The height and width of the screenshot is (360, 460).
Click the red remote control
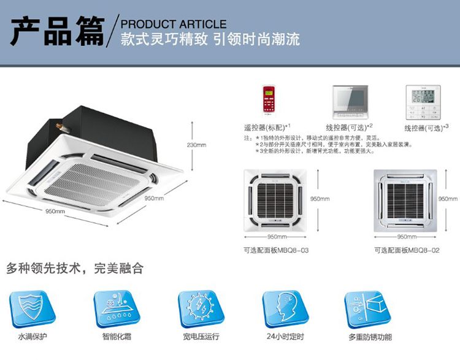pos(268,100)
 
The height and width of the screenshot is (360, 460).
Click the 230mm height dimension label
pos(197,145)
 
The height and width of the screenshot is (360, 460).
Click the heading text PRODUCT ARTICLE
pos(174,24)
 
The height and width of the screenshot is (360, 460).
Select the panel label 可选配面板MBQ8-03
pos(275,250)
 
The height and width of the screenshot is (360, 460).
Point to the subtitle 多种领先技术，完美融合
pos(74,268)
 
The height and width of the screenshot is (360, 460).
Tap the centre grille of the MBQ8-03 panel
pos(276,197)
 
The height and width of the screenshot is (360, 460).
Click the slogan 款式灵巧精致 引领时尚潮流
pos(210,39)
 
